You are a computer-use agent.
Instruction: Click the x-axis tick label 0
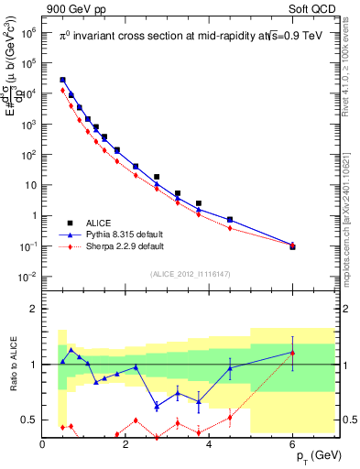click(x=42, y=445)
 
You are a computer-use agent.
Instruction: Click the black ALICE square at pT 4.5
click(x=229, y=220)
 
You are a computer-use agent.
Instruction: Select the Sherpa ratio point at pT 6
click(x=292, y=353)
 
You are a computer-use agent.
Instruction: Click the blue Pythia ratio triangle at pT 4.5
click(x=229, y=368)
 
